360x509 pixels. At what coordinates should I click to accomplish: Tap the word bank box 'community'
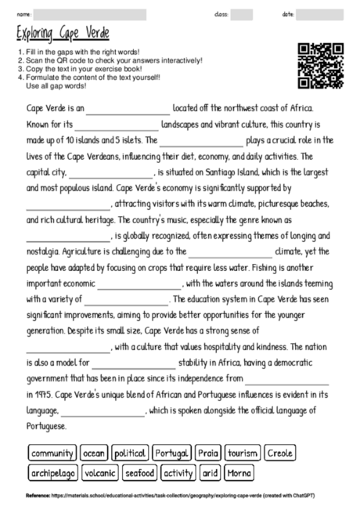click(x=52, y=453)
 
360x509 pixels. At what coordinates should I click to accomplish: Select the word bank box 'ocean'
click(x=94, y=453)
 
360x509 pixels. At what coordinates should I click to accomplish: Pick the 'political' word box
click(x=130, y=453)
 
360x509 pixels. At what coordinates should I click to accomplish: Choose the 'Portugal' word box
click(x=171, y=453)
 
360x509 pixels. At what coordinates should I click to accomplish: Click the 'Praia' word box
click(x=208, y=453)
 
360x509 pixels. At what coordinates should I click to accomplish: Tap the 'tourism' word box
click(x=243, y=453)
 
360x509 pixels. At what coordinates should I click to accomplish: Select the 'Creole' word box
click(x=280, y=453)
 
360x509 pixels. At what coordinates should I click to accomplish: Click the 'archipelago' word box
click(x=54, y=473)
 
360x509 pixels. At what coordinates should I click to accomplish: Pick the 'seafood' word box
click(x=141, y=473)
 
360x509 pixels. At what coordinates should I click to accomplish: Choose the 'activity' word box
click(x=179, y=473)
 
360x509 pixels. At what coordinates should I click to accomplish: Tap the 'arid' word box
click(x=211, y=473)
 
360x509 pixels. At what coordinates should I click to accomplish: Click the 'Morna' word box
click(x=239, y=473)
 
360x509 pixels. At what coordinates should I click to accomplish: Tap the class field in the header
click(x=242, y=15)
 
